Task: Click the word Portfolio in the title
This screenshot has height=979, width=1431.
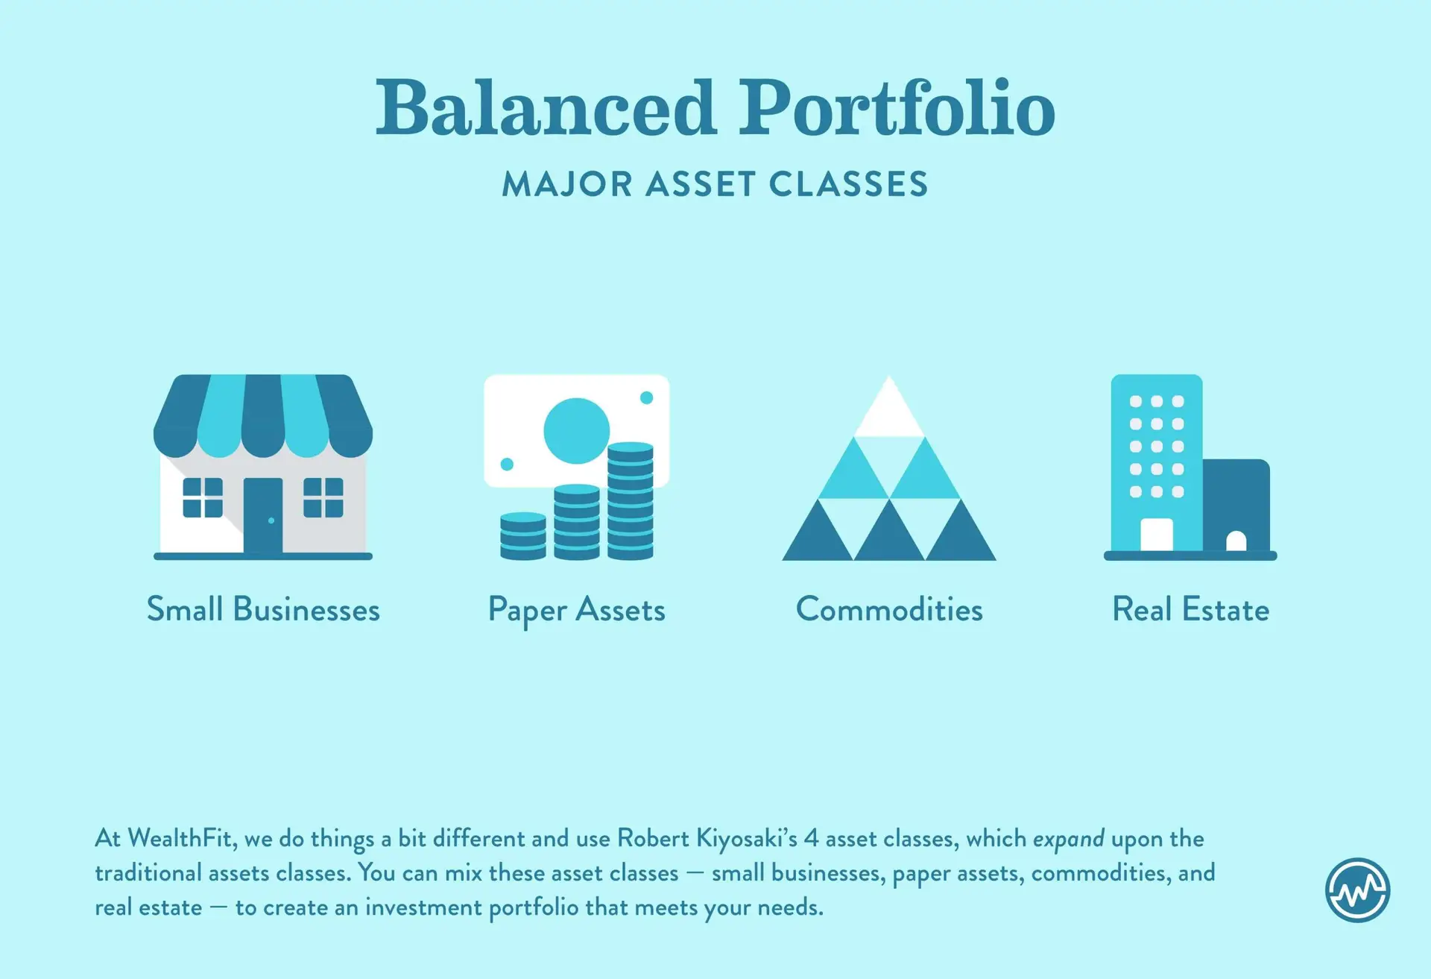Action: pyautogui.click(x=897, y=108)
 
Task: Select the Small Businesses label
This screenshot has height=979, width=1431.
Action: pyautogui.click(x=263, y=610)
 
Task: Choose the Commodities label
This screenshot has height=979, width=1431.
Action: pyautogui.click(x=889, y=610)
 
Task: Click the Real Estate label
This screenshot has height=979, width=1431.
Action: pyautogui.click(x=1190, y=610)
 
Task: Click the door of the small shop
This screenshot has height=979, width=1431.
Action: pyautogui.click(x=263, y=515)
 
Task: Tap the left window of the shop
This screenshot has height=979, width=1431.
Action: pyautogui.click(x=203, y=497)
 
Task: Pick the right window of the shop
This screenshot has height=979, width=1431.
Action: pyautogui.click(x=323, y=497)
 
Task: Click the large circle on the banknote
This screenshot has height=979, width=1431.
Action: pyautogui.click(x=576, y=431)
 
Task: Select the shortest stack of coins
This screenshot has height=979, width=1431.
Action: pyautogui.click(x=523, y=536)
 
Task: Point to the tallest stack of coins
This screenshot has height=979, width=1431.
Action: pyautogui.click(x=631, y=501)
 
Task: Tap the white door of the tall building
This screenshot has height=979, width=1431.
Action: pyautogui.click(x=1157, y=535)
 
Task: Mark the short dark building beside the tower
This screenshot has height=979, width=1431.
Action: pyautogui.click(x=1236, y=506)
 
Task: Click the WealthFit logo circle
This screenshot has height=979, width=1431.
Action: pyautogui.click(x=1358, y=890)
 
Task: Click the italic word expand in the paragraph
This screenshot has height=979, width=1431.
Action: pyautogui.click(x=1069, y=840)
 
